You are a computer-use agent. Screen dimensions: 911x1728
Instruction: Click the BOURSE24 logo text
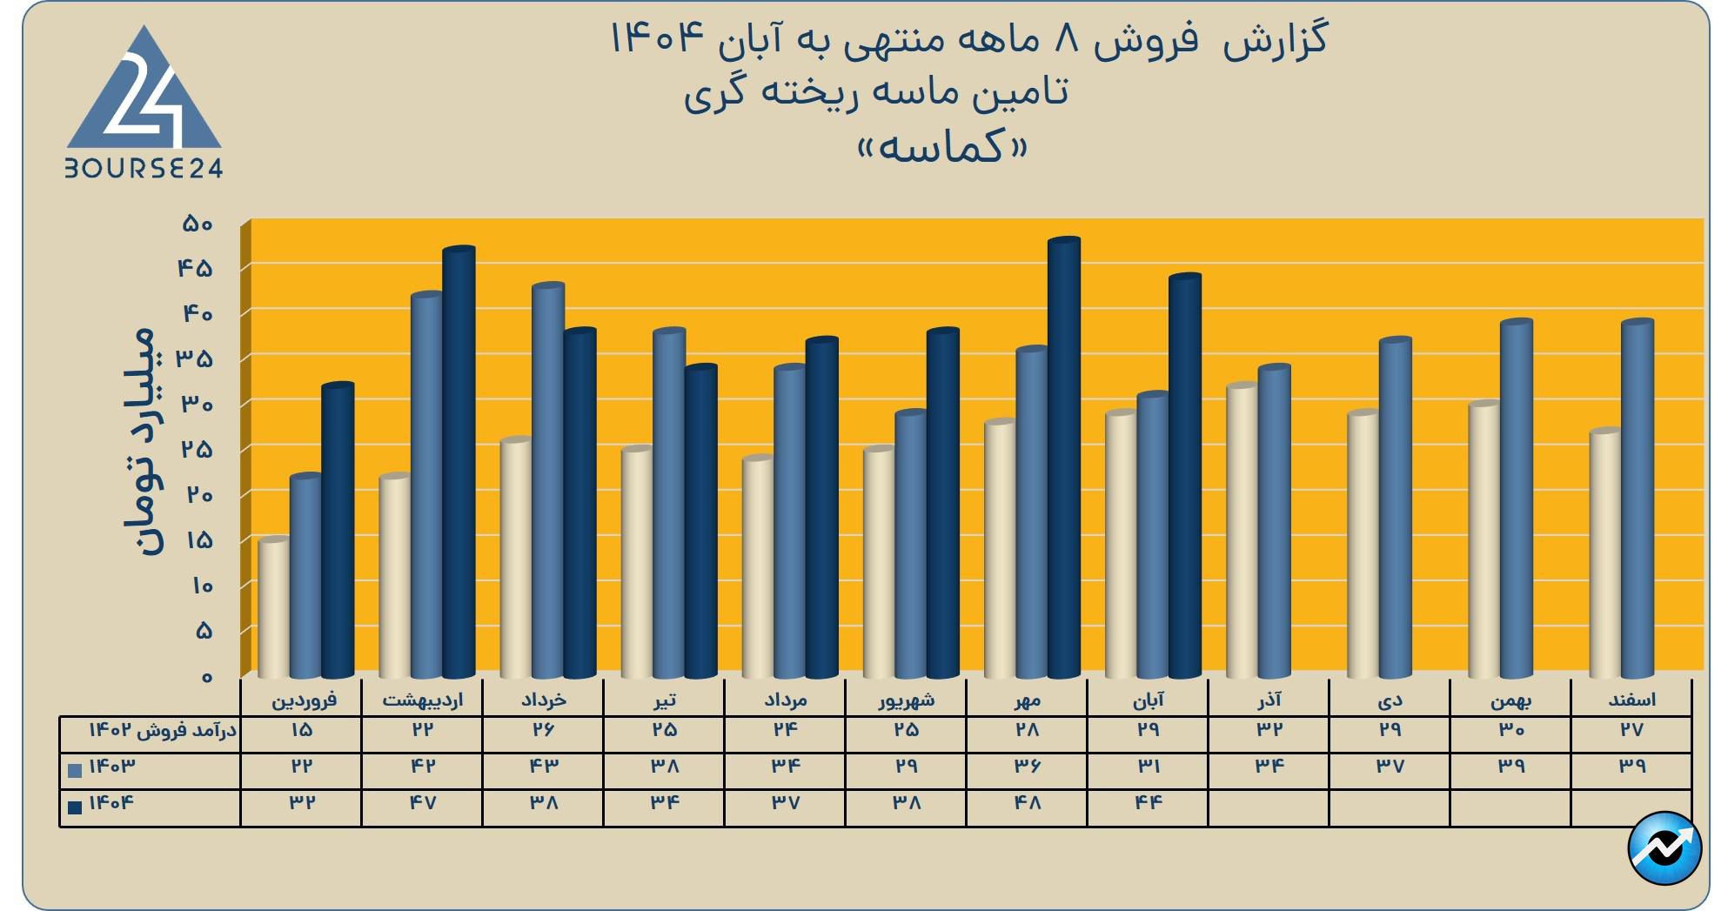tap(144, 168)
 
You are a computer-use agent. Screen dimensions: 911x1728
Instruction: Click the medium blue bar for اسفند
tap(1637, 499)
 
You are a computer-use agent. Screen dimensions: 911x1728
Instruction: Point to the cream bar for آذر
tap(1241, 531)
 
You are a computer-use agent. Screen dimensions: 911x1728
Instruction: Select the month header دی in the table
tap(1390, 700)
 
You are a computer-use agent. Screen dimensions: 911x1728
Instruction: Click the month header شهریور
tap(906, 700)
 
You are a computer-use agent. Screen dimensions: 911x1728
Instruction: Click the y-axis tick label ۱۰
tap(198, 585)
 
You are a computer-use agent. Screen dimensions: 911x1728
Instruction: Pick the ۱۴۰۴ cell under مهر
tap(1027, 802)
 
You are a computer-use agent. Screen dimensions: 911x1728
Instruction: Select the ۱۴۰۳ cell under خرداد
tap(543, 766)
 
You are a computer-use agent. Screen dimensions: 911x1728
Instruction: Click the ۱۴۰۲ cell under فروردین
tap(301, 729)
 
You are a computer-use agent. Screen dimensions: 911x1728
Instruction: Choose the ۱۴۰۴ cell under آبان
tap(1148, 802)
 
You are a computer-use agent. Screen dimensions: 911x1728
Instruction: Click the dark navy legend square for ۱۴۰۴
tap(75, 807)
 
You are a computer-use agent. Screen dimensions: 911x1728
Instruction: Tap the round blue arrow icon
tap(1664, 847)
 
